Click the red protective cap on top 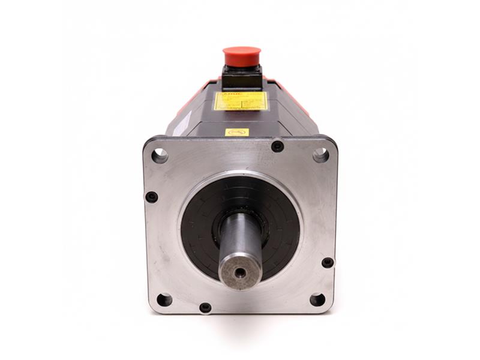pyautogui.click(x=242, y=56)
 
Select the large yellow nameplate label pyautogui.click(x=241, y=101)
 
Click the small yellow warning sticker pyautogui.click(x=236, y=132)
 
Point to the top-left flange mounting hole pyautogui.click(x=160, y=155)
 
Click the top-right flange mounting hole pyautogui.click(x=321, y=155)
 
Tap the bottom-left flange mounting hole pyautogui.click(x=164, y=299)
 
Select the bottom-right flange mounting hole pyautogui.click(x=317, y=299)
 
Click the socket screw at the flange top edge pyautogui.click(x=277, y=146)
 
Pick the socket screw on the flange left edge pyautogui.click(x=152, y=197)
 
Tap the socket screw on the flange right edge pyautogui.click(x=328, y=262)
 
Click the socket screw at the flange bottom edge pyautogui.click(x=205, y=307)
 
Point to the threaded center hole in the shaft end pyautogui.click(x=240, y=271)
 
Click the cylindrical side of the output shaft pyautogui.click(x=240, y=234)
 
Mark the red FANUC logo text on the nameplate pyautogui.click(x=224, y=94)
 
